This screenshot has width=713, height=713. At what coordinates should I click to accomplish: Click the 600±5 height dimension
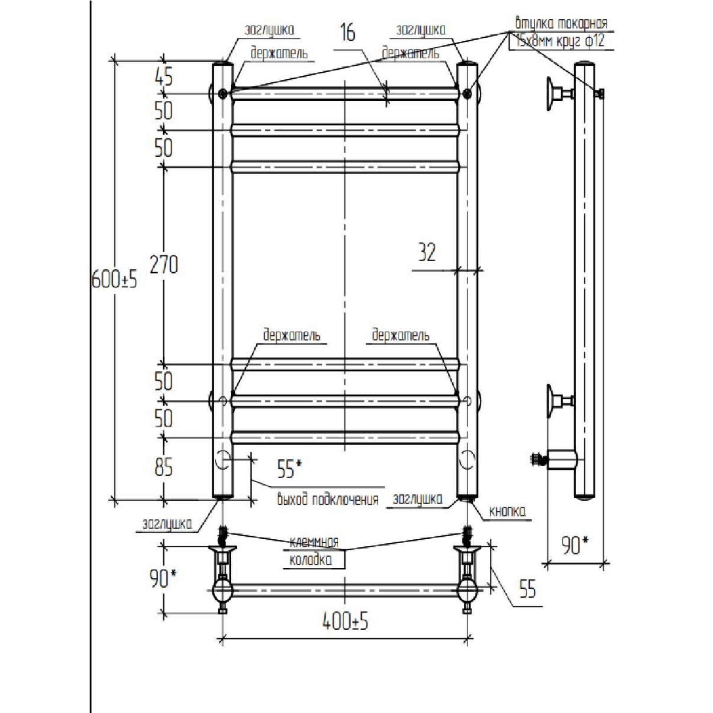coord(115,279)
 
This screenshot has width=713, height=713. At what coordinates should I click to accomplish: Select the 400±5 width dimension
coord(345,621)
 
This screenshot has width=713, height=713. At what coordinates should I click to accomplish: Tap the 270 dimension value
coord(164,264)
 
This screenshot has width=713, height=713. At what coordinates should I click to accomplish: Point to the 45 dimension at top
coord(164,76)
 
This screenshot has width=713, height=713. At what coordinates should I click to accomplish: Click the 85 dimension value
coord(164,467)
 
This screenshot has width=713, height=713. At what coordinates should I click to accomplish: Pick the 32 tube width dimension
coord(427,252)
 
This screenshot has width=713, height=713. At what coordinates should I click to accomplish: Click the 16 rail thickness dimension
coord(348,32)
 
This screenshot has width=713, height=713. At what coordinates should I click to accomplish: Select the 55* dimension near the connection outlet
coord(289,469)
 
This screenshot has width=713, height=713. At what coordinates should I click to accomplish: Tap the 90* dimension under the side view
coord(574,545)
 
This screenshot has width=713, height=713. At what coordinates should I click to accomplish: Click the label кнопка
coord(508,511)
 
